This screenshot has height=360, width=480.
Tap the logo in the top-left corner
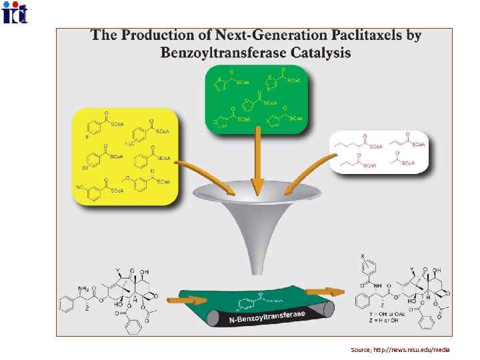coord(15,12)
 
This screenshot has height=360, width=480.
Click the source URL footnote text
coord(400,349)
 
